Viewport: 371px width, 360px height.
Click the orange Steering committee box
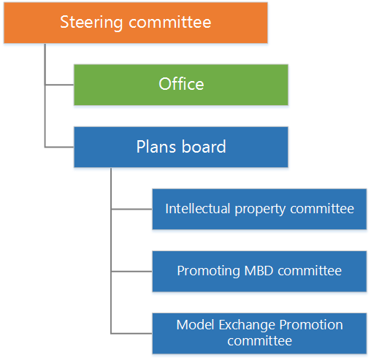[136, 23]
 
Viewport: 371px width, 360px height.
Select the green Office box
[181, 85]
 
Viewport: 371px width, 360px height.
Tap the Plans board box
[181, 147]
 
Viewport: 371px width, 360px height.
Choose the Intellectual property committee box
[259, 209]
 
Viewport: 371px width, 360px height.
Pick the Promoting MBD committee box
[259, 271]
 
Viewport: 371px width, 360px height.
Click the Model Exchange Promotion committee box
[259, 333]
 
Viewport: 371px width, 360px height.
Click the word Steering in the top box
[91, 23]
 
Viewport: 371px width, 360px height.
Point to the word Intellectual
[198, 209]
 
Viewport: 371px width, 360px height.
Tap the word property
[260, 210]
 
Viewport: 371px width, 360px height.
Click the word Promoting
[208, 272]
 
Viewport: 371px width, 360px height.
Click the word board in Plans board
[204, 147]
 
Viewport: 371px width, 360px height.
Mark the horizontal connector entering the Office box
[59, 85]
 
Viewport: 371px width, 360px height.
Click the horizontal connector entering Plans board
[59, 147]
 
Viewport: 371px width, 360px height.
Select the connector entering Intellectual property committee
[131, 209]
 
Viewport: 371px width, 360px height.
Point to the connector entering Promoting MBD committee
[131, 271]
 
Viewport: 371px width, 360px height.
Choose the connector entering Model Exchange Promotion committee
[131, 333]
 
